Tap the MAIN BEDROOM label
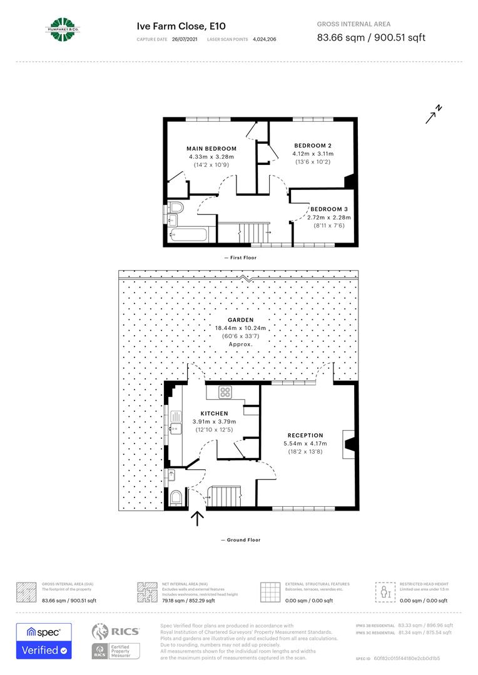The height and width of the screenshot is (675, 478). (211, 149)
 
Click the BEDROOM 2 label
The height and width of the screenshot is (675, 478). (313, 146)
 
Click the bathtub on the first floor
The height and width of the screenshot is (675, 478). (188, 236)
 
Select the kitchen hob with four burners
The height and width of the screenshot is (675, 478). (225, 392)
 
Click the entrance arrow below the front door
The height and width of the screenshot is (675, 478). (197, 519)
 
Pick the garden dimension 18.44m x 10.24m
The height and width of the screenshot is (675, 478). (240, 327)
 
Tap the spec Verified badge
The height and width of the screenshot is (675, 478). (44, 641)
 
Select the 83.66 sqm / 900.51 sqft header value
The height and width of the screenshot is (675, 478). (371, 37)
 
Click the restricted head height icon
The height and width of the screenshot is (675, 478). (384, 591)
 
